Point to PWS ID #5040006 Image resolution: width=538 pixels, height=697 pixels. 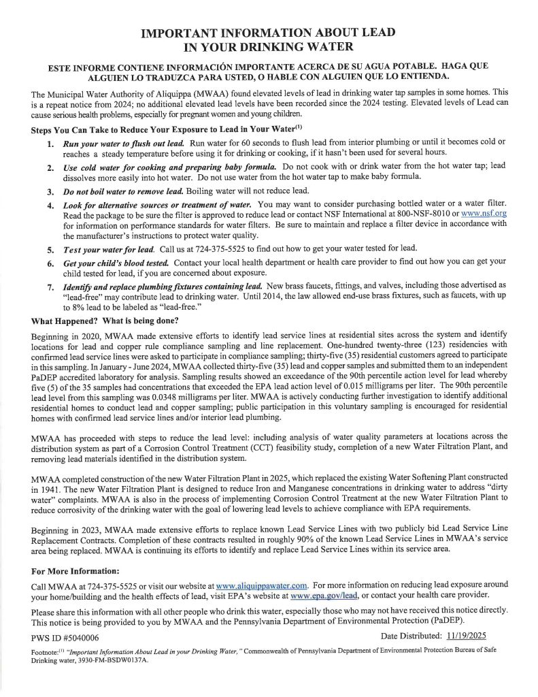pos(65,638)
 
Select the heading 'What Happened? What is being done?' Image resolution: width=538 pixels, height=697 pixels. pos(105,321)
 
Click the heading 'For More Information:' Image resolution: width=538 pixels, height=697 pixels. pos(75,570)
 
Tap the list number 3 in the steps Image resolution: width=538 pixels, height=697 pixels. pos(50,191)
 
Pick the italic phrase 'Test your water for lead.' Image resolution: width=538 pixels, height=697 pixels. pos(109,247)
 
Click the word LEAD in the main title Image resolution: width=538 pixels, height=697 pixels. pos(372,33)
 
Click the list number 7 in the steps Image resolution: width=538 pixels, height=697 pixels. pos(50,287)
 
